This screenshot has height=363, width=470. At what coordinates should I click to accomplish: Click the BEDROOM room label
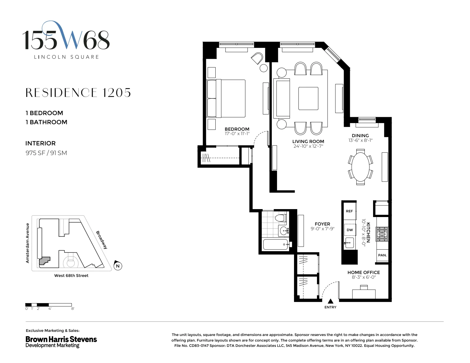click(x=237, y=129)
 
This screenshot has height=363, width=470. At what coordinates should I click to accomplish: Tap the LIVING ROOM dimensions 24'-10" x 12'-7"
click(x=308, y=146)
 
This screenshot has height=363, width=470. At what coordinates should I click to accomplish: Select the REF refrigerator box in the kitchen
click(x=349, y=211)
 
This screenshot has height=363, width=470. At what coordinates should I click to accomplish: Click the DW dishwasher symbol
click(x=350, y=230)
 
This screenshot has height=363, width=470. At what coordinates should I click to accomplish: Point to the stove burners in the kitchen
click(x=382, y=234)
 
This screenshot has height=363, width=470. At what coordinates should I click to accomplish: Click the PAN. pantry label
click(x=382, y=255)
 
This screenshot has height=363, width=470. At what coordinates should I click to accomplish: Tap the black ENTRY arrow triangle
click(x=330, y=301)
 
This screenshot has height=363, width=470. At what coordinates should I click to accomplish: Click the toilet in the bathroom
click(x=281, y=218)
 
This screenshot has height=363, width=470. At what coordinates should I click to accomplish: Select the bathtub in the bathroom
click(x=275, y=244)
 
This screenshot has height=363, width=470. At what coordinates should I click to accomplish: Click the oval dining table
click(x=360, y=167)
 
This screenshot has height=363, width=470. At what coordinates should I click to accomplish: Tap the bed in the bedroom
click(x=226, y=98)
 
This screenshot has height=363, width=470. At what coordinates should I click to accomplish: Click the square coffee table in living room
click(x=308, y=98)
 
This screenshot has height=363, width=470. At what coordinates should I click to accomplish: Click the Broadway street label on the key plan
click(x=102, y=240)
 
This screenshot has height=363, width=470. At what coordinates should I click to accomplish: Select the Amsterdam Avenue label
click(x=28, y=243)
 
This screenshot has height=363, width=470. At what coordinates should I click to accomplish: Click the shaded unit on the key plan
click(x=45, y=261)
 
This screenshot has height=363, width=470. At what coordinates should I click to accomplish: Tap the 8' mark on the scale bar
click(x=72, y=309)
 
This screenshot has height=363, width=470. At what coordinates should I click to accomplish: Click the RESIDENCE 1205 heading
click(x=78, y=93)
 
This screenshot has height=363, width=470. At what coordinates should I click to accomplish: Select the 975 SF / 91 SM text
click(x=46, y=153)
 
